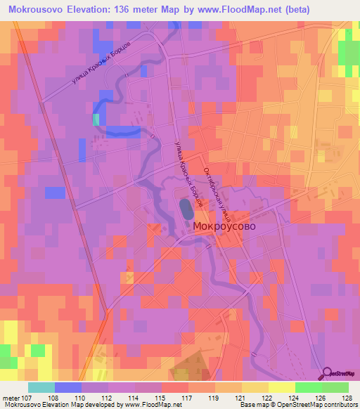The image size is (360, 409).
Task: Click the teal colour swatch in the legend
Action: tap(41, 387)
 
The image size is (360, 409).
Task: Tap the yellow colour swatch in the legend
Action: tap(281, 387)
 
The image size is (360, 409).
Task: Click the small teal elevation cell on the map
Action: tap(96, 119)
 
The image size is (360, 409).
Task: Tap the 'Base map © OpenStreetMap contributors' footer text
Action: tap(300, 405)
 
